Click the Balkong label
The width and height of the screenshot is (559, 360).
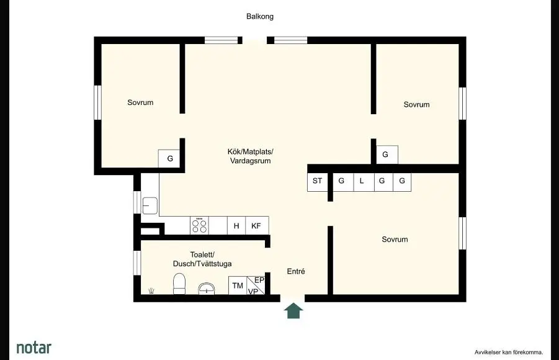tap(260, 16)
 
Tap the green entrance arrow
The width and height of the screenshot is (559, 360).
tap(293, 310)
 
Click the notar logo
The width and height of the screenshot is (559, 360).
tap(34, 348)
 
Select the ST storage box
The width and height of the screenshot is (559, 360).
tap(317, 182)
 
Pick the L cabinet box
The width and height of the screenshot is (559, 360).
tap(364, 182)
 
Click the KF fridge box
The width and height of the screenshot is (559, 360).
tap(257, 225)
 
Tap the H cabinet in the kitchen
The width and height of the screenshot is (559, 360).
tap(236, 225)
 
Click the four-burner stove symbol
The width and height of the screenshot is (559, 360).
tap(199, 225)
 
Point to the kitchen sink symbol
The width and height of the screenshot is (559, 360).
tap(150, 205)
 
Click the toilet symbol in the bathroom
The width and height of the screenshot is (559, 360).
tap(179, 284)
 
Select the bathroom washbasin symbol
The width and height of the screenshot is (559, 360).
tap(207, 288)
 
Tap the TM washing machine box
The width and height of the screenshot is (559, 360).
tap(238, 286)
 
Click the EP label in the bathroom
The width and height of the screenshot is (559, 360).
tap(259, 281)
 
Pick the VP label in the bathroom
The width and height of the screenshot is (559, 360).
tap(253, 292)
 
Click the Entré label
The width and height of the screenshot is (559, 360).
tap(296, 271)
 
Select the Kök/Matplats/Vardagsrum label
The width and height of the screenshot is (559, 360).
tap(250, 156)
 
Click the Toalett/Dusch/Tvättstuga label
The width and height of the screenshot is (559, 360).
tap(202, 259)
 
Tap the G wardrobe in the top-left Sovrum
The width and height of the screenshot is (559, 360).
tap(170, 158)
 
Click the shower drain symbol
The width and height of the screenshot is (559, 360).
tap(151, 290)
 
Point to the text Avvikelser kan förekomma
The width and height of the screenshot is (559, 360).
tap(509, 353)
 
